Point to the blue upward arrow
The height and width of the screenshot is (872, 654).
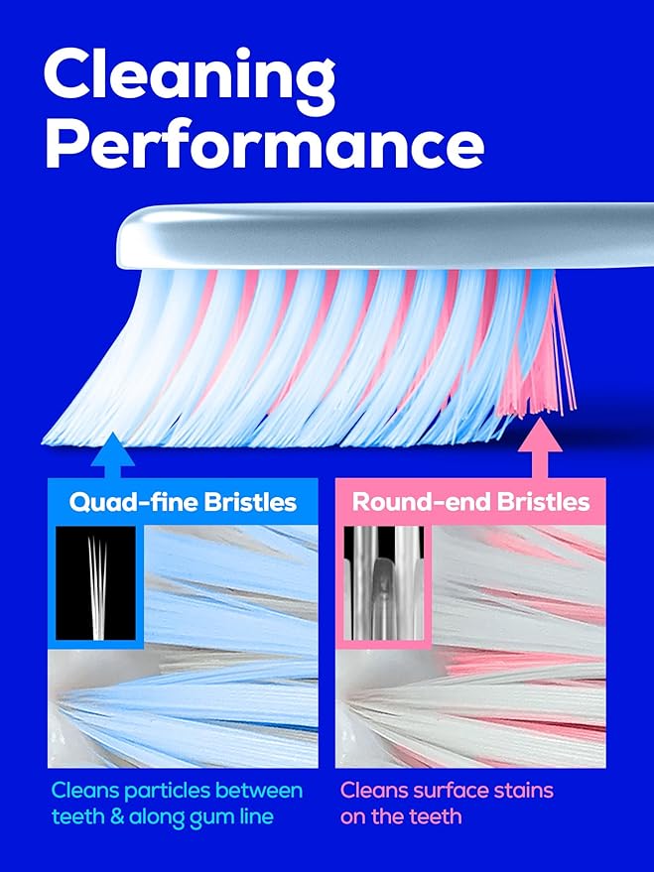click(x=112, y=455)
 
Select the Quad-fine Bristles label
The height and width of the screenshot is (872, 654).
click(x=183, y=502)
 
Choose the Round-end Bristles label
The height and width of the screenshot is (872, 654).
click(x=470, y=502)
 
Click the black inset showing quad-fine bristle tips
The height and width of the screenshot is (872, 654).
click(x=95, y=583)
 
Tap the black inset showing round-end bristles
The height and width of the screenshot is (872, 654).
click(x=382, y=583)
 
